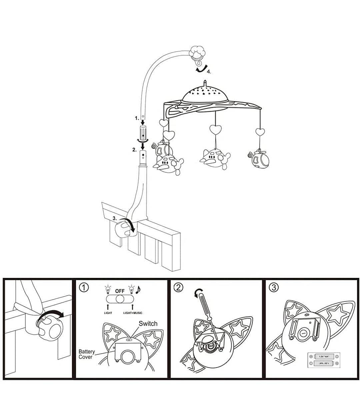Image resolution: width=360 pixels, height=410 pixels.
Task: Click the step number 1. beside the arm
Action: (137, 118)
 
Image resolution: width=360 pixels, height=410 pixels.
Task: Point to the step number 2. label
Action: (134, 150)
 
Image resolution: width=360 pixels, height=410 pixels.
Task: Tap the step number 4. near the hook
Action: (209, 71)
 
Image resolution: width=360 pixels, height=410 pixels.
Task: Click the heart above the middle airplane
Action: (215, 129)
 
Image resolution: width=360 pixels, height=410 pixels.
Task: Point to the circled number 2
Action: (179, 287)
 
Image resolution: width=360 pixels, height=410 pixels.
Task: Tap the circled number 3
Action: (274, 287)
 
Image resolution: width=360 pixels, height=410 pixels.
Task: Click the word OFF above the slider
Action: (120, 291)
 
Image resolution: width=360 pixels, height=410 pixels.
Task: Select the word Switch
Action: (148, 324)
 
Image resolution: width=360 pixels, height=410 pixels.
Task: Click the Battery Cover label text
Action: (87, 354)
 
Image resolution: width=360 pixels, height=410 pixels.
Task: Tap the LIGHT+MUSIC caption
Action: (133, 313)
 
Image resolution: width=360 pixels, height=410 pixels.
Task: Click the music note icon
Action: (138, 289)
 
